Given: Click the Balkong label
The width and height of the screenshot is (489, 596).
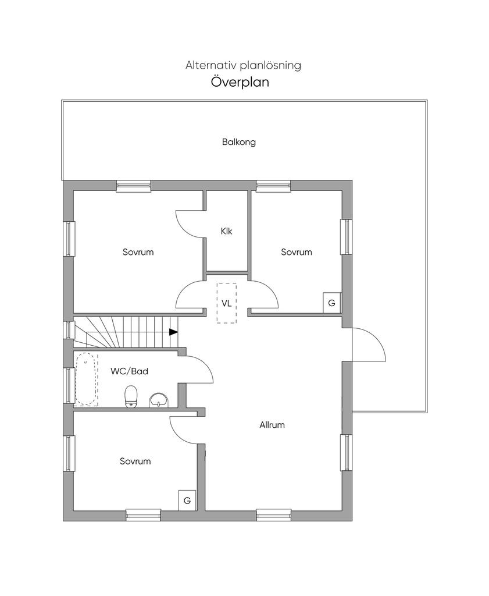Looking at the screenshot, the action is coord(239,142).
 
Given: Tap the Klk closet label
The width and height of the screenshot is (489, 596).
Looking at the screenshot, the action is coord(226,231).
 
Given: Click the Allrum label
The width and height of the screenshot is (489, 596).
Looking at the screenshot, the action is coord(272,425).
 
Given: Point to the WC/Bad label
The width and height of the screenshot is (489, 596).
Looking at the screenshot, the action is coord(129,371).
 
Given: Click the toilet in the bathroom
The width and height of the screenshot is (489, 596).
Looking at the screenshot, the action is coord(131,396).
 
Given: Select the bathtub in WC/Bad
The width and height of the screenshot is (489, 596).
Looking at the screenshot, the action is coord(86,379).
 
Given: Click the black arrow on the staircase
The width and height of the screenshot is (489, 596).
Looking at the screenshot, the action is coord(173,332).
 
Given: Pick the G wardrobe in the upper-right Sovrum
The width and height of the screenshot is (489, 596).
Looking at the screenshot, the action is coord(332,303).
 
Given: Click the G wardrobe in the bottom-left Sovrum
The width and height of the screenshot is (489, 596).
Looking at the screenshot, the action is coord(187,501).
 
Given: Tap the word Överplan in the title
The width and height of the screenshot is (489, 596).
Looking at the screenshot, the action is coord(240,82).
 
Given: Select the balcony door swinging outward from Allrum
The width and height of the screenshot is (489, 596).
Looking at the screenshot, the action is coord(369,344).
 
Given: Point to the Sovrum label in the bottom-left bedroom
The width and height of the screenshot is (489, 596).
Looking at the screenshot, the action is coord(135,461).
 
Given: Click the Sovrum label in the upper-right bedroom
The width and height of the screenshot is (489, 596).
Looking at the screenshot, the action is coord(297,252).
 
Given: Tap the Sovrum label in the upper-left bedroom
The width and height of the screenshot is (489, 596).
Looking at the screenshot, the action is coord(138,252).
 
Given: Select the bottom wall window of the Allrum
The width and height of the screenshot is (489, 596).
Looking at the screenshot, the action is coord(273,515).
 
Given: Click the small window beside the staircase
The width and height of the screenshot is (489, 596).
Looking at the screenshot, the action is coord(69,330).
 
